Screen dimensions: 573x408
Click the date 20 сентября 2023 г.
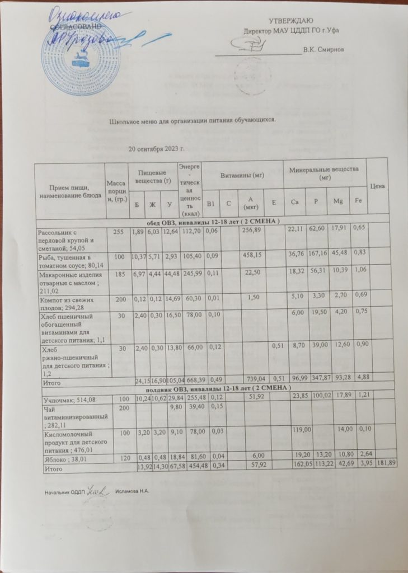[x=157, y=149]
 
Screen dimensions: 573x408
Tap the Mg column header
[x=335, y=201]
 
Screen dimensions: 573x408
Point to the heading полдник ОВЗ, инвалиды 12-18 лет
[x=211, y=390]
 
